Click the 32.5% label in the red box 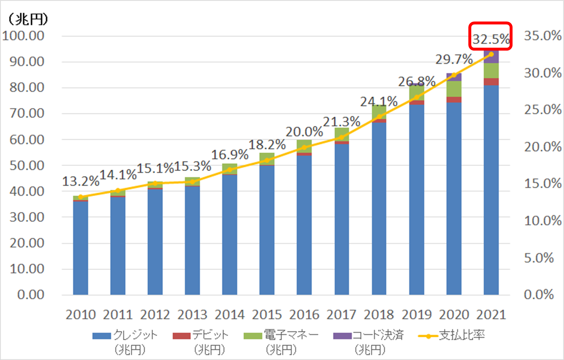coord(491,39)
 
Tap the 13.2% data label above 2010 coord(81,181)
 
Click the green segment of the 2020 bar coord(454,89)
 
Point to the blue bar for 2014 coord(230,233)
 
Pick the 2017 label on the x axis coord(341,315)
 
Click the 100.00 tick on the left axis coord(23,36)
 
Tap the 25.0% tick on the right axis coord(542,110)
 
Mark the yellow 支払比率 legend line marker coord(428,336)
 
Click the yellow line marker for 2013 coord(192,182)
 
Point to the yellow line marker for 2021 coord(491,54)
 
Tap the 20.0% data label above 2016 coord(304,132)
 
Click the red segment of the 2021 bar coord(491,82)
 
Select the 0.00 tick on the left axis coord(31,295)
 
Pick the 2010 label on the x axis coord(81,315)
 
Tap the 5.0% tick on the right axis coord(539,258)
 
